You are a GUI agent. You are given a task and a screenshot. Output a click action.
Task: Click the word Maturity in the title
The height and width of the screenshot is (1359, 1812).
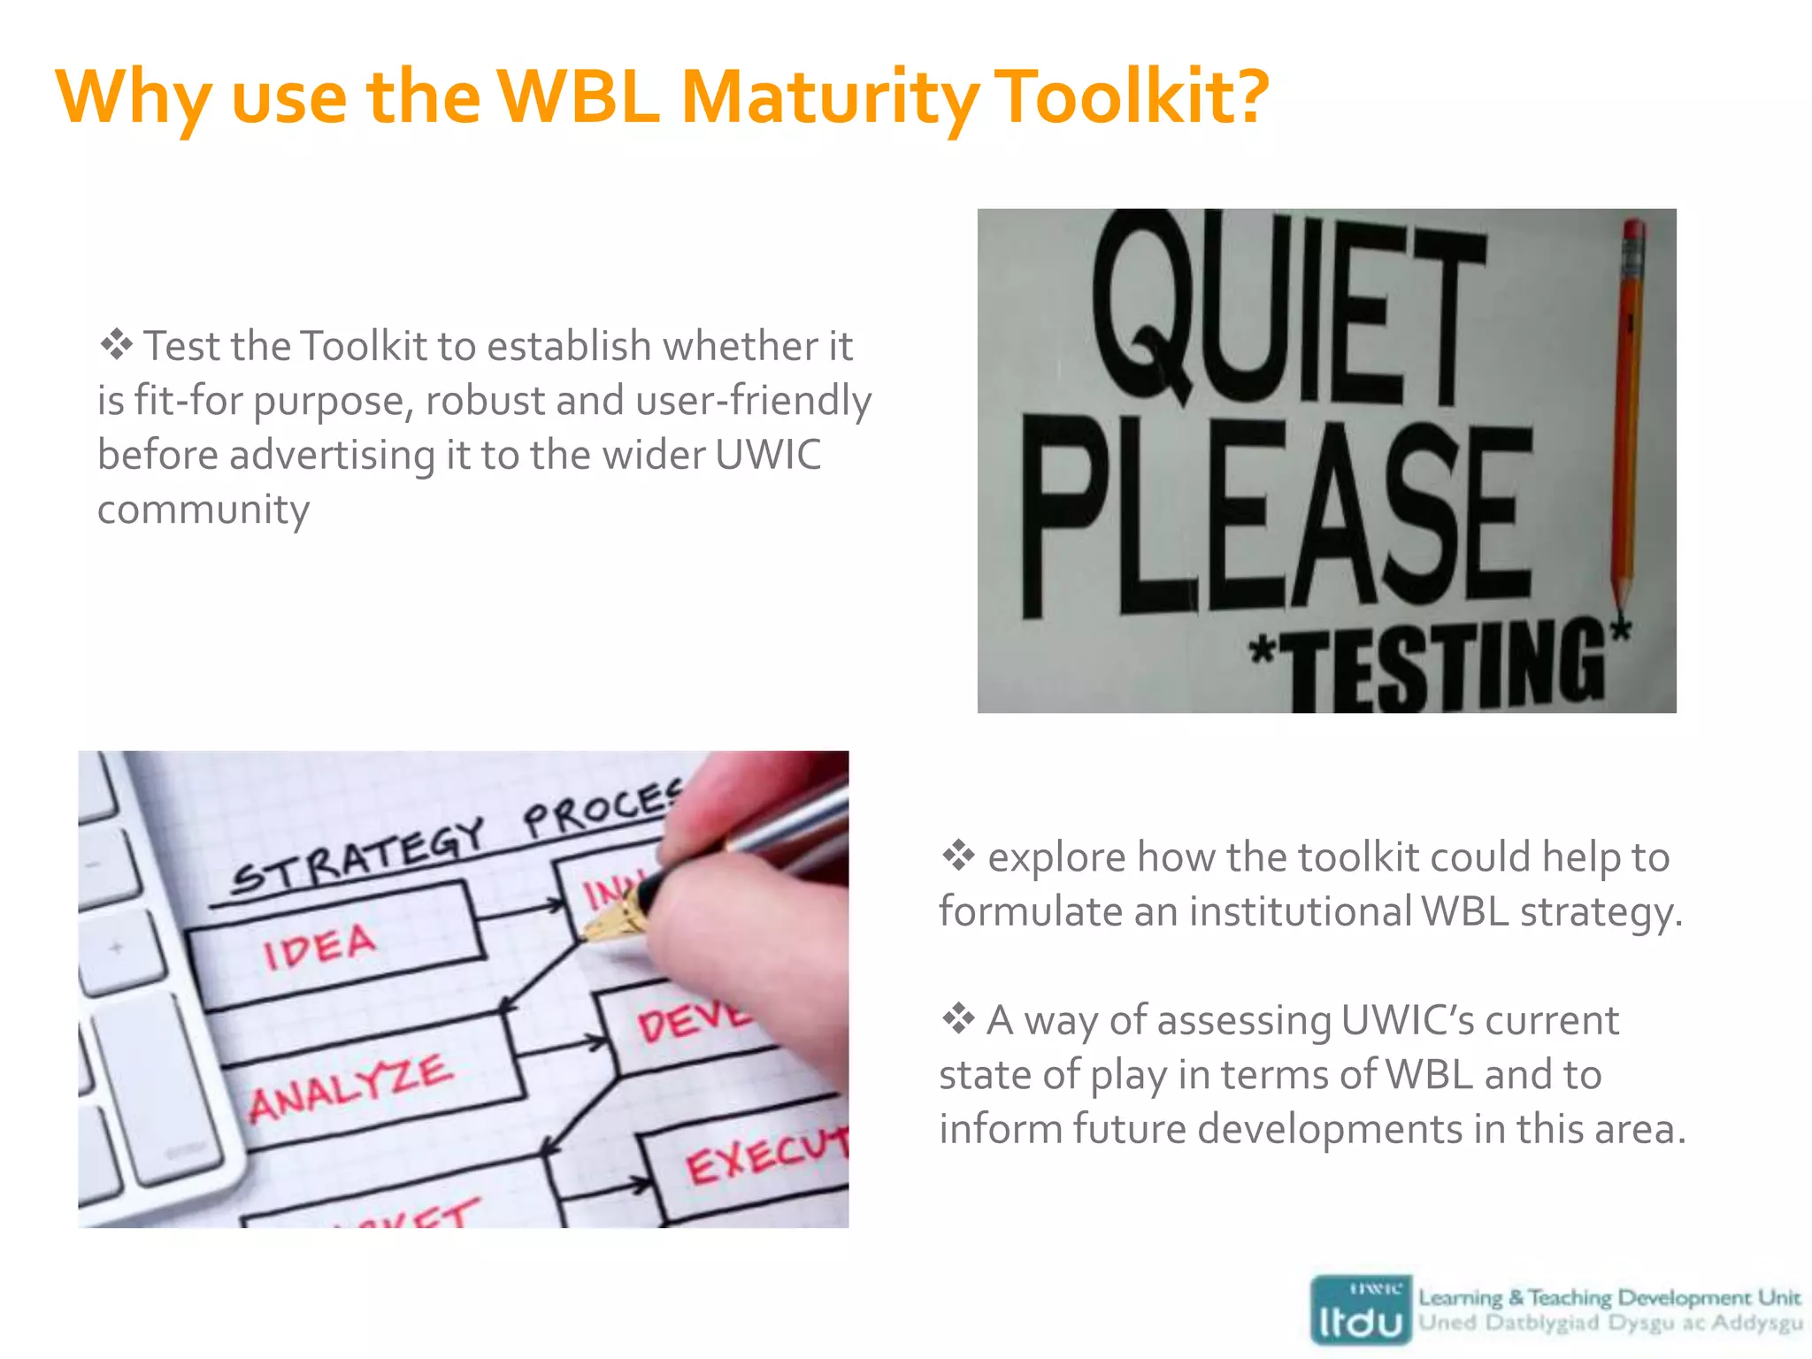pyautogui.click(x=829, y=97)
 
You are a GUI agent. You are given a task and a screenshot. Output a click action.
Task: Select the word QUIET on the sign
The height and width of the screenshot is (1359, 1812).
pyautogui.click(x=1287, y=310)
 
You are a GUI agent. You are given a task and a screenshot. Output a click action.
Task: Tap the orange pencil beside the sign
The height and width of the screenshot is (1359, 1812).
pyautogui.click(x=1628, y=416)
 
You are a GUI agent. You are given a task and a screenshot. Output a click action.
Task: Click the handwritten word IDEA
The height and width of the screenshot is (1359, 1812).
pyautogui.click(x=319, y=947)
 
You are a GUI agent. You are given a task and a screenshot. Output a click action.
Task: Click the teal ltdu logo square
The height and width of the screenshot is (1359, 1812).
pyautogui.click(x=1361, y=1310)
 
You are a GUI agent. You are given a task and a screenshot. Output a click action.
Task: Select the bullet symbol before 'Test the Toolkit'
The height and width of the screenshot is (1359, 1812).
pyautogui.click(x=116, y=345)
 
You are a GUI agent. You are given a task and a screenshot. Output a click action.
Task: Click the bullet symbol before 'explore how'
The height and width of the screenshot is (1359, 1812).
pyautogui.click(x=958, y=856)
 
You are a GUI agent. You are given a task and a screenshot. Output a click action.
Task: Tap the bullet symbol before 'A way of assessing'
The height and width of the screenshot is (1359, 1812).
pyautogui.click(x=958, y=1019)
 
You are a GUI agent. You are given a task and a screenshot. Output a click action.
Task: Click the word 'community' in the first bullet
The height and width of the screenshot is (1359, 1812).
pyautogui.click(x=203, y=510)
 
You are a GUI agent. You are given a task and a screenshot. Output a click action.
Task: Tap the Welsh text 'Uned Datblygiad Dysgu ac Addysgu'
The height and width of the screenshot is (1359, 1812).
pyautogui.click(x=1610, y=1324)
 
